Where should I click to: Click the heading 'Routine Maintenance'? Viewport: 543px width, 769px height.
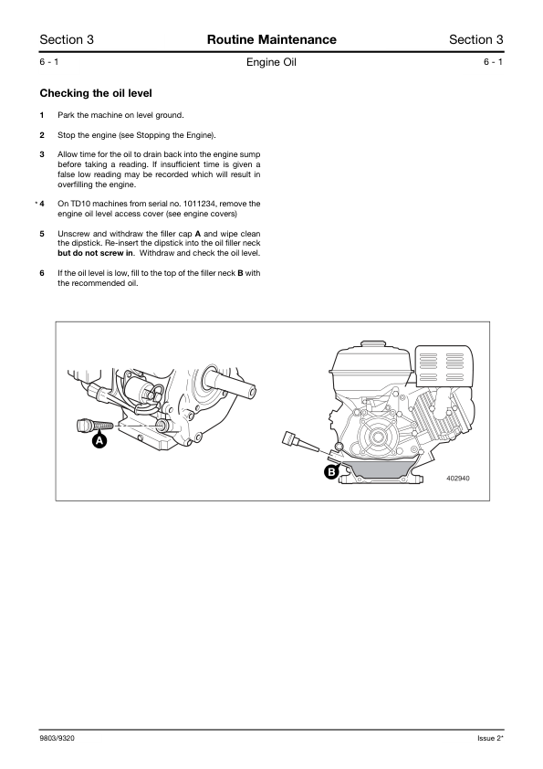(x=272, y=39)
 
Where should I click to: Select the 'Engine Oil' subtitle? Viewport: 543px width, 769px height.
(x=272, y=62)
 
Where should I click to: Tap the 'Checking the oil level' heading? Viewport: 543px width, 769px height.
(x=96, y=93)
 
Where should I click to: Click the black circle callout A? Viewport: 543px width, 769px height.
(x=99, y=441)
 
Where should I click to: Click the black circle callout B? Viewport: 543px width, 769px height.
(x=332, y=472)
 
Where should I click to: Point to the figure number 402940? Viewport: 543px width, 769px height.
(x=458, y=479)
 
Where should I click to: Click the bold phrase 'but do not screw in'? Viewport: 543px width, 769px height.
(x=96, y=253)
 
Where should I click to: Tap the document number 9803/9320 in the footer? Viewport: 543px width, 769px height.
(x=57, y=738)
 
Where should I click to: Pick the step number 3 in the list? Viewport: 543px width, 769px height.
(x=42, y=154)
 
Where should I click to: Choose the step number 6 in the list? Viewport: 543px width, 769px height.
(x=42, y=273)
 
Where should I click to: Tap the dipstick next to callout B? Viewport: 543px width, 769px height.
(x=299, y=441)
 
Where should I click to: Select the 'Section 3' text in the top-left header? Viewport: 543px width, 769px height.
(x=67, y=39)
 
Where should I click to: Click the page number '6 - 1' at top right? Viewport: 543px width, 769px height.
(x=493, y=62)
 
